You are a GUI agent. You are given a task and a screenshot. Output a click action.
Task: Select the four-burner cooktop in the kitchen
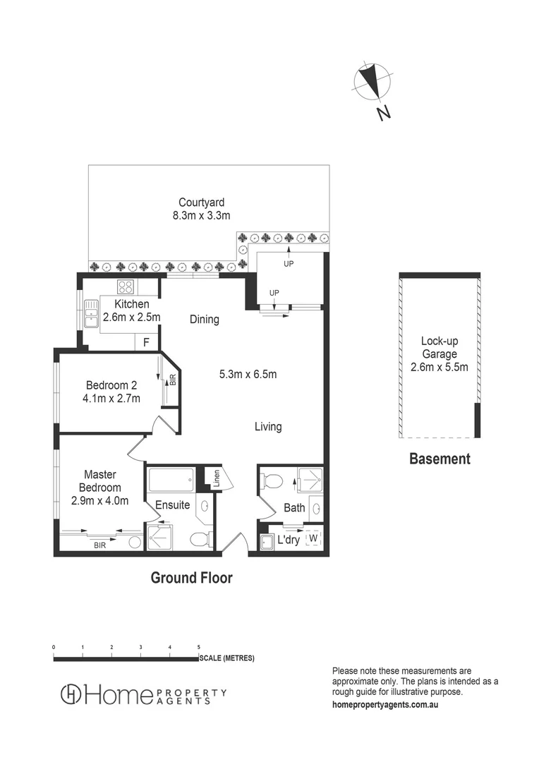126,286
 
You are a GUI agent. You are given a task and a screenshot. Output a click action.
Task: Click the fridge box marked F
146,342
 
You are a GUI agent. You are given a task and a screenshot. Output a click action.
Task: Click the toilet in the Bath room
270,482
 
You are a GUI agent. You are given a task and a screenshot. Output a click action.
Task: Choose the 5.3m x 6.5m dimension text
248,374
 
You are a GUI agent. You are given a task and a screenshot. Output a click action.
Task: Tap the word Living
268,426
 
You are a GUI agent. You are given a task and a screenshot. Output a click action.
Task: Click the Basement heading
440,459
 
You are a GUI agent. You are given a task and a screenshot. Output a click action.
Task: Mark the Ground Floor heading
191,578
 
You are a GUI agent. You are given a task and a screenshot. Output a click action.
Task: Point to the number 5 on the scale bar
199,646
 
